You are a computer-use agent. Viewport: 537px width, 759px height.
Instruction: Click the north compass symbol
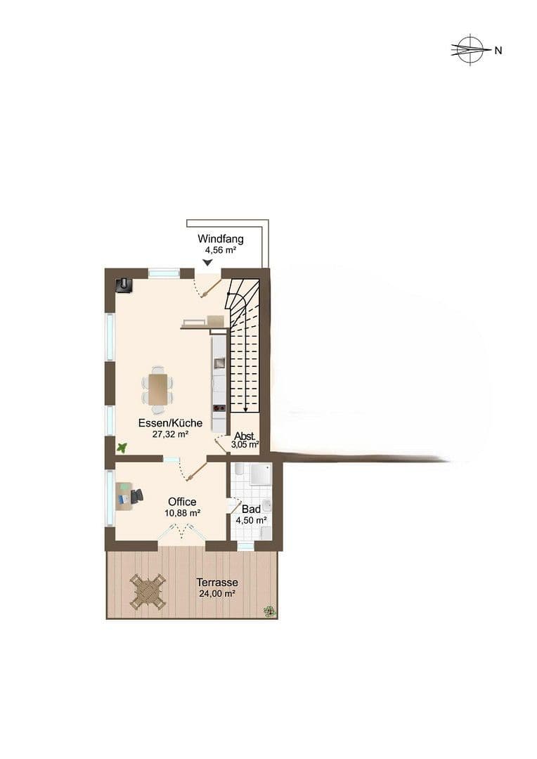pos(470,50)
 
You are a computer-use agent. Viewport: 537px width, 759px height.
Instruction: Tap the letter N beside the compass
pos(498,50)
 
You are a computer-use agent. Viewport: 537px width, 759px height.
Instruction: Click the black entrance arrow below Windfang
pos(207,263)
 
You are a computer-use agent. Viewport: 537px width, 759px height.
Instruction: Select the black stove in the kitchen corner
pos(124,284)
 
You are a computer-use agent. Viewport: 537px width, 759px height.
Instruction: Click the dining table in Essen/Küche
pos(158,389)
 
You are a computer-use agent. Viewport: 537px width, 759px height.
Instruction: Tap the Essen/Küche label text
pos(170,423)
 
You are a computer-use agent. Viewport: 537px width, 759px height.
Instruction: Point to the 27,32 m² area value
pos(170,434)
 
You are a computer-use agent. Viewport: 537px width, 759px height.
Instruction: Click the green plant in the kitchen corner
pos(122,447)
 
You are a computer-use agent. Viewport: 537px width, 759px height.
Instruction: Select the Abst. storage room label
pos(245,436)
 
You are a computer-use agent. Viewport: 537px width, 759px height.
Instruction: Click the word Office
pos(182,502)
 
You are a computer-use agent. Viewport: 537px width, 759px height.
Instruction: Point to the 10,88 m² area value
pos(182,513)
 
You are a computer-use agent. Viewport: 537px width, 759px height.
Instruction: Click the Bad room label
pos(250,509)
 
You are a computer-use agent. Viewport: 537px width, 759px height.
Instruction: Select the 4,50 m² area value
pos(250,520)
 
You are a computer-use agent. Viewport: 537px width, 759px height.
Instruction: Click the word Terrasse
pos(217,583)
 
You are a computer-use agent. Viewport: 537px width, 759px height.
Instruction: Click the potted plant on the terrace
pos(269,611)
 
